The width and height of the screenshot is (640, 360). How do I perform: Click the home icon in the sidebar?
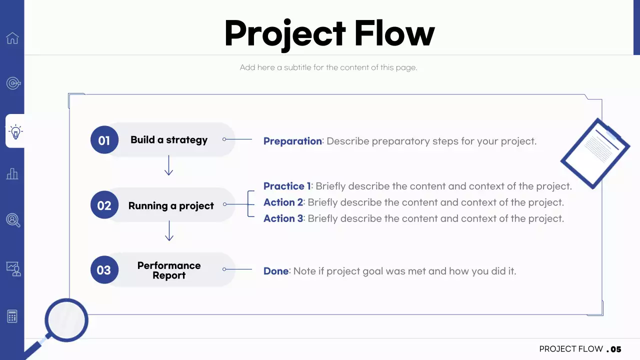[x=12, y=38]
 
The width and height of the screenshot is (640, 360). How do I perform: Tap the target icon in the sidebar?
[x=13, y=83]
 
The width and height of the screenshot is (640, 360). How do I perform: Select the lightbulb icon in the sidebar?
[x=15, y=131]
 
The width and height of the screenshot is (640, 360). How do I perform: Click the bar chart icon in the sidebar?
[x=12, y=173]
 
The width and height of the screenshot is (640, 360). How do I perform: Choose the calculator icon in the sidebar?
[x=12, y=316]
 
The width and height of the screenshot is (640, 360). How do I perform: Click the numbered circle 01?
[x=104, y=139]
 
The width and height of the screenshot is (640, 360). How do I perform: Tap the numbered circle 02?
[x=104, y=205]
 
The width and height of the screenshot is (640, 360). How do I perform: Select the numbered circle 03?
[x=104, y=269]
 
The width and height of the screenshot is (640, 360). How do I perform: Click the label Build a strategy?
[x=169, y=140]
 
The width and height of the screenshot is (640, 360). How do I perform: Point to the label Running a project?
[x=171, y=205]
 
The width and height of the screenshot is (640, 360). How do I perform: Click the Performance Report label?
[x=169, y=270]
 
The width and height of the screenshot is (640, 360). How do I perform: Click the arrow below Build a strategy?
[x=168, y=165]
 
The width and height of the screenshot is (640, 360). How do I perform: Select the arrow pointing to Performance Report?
[x=169, y=230]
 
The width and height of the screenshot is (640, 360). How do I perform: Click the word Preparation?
[x=292, y=141]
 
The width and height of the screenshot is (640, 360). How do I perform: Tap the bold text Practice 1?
[x=287, y=186]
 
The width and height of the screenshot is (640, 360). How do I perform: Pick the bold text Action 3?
[x=283, y=218]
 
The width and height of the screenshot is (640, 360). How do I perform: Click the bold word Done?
[x=276, y=271]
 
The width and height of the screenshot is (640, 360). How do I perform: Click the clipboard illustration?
[x=595, y=153]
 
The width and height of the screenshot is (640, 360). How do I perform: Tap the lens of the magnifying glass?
[x=66, y=320]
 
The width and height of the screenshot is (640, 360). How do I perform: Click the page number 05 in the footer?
[x=615, y=349]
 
